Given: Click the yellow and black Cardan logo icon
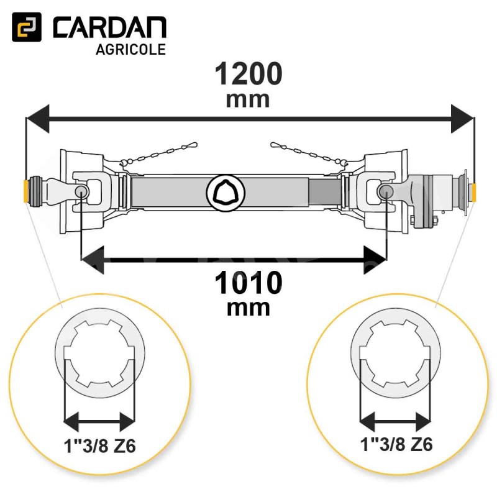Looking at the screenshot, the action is click(27, 27).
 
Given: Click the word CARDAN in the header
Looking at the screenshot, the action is click(110, 27).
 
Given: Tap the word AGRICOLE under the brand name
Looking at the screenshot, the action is click(130, 50).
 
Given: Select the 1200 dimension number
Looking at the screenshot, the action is click(248, 73).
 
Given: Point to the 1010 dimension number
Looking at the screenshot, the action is click(248, 283).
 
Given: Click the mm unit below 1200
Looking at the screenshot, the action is click(248, 100).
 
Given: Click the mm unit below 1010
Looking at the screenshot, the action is click(248, 308).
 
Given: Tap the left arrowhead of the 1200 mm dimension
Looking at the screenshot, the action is click(38, 119).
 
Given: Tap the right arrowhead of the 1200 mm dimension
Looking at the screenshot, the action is click(462, 119).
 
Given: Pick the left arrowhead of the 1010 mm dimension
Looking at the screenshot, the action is click(93, 260).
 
